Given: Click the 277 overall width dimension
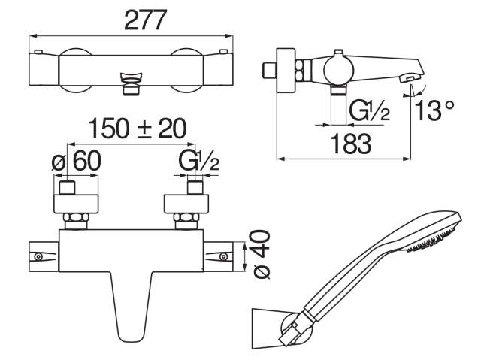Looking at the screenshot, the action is pyautogui.click(x=145, y=20).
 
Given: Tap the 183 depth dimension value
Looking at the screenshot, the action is pyautogui.click(x=351, y=144).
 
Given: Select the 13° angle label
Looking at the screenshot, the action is pyautogui.click(x=434, y=110).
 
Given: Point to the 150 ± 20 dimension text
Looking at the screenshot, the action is pyautogui.click(x=138, y=129).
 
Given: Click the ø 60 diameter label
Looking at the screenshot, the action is pyautogui.click(x=77, y=161).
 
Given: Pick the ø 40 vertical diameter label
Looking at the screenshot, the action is pyautogui.click(x=262, y=254).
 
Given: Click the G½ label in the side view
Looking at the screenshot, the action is pyautogui.click(x=370, y=110).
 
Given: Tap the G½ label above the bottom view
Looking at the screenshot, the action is pyautogui.click(x=199, y=161).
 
